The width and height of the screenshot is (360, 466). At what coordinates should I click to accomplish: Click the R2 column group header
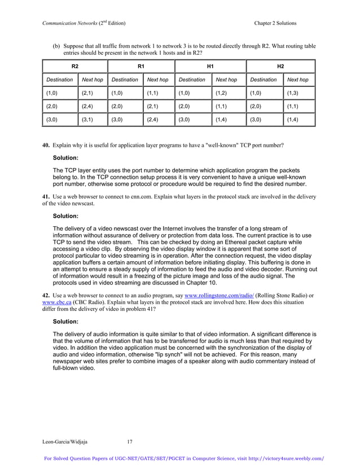tap(74, 66)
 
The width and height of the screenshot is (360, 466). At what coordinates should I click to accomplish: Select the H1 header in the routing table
tap(210, 66)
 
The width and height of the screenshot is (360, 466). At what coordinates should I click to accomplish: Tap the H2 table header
tap(280, 66)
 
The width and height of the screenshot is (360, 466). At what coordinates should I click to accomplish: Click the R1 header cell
tap(141, 66)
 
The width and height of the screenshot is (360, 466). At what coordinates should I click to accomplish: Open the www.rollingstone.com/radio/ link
tap(219, 295)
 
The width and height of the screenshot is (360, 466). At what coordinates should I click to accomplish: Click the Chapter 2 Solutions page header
tap(275, 23)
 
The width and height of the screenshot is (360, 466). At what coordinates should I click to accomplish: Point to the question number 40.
tap(46, 145)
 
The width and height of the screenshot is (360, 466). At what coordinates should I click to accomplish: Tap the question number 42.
tap(46, 295)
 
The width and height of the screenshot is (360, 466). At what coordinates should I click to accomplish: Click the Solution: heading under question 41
tap(65, 216)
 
